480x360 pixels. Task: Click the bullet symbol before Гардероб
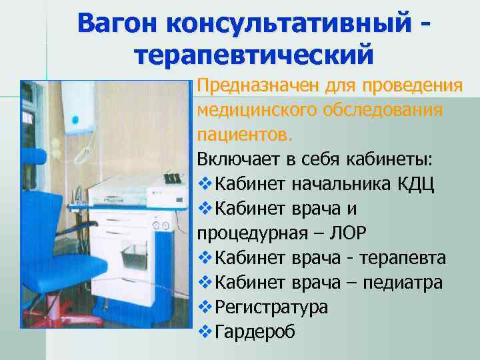point(205,332)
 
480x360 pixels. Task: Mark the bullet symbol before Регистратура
point(205,307)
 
